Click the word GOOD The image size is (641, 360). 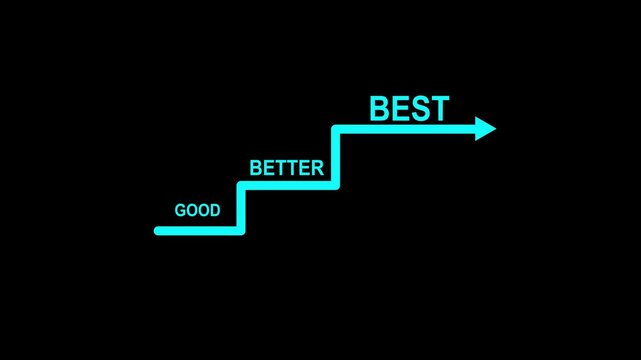click(198, 211)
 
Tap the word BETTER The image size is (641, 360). click(287, 168)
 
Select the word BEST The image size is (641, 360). click(409, 108)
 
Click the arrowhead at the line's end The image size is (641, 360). click(486, 128)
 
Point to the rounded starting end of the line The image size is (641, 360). click(158, 231)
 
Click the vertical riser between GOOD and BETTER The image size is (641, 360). click(241, 208)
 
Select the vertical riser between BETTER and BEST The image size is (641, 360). click(336, 157)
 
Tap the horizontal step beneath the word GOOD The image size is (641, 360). click(199, 231)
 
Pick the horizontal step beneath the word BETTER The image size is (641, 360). click(288, 185)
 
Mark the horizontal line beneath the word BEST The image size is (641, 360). click(405, 128)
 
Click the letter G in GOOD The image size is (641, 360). click(180, 211)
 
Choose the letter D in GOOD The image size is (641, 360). click(215, 211)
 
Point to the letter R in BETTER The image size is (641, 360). click(317, 168)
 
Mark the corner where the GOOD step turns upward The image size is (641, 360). click(241, 231)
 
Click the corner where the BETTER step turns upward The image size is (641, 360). click(336, 185)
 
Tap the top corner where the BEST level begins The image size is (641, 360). click(336, 128)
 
